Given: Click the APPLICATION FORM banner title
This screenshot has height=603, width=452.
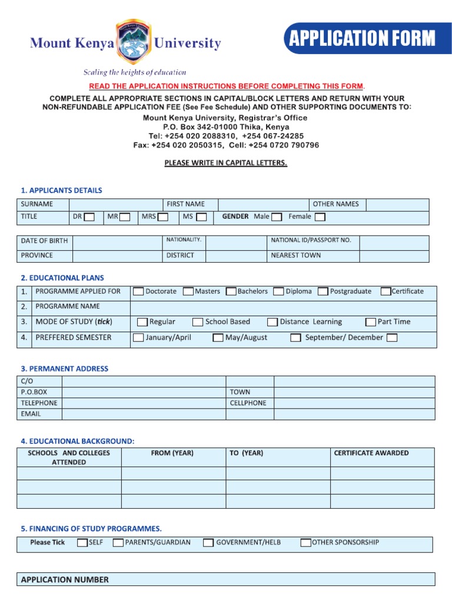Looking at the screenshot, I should (x=362, y=39).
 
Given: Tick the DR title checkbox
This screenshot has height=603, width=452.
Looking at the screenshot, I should (x=89, y=217).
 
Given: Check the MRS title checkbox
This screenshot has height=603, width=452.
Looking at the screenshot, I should (x=163, y=217).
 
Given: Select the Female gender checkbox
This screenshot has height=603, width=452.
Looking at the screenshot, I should (x=320, y=217).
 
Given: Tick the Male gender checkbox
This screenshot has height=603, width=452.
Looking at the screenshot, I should (x=277, y=217).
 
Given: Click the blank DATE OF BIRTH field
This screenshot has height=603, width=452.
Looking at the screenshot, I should (x=117, y=241).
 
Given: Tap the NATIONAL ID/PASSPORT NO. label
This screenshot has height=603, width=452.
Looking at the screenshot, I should (x=311, y=240).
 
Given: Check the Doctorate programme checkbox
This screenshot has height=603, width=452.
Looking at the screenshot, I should (x=138, y=291).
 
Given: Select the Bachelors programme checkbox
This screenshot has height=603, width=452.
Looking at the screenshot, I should (x=231, y=291).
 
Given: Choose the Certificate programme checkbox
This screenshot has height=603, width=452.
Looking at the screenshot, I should (x=385, y=291).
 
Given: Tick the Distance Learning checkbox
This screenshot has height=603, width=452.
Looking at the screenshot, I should (x=272, y=322).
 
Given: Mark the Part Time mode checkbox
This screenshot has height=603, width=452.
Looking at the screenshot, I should (x=371, y=322).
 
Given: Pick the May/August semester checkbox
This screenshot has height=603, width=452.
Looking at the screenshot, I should (x=218, y=338).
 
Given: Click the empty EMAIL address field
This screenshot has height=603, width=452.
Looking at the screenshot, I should (x=144, y=414).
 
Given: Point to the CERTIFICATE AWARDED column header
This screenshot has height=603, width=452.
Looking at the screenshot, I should (x=371, y=453).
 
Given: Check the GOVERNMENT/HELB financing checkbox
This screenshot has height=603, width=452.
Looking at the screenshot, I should (x=208, y=543).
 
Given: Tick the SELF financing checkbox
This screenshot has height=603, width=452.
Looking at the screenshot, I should (x=82, y=543).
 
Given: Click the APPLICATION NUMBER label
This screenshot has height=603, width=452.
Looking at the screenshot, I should (x=65, y=580).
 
